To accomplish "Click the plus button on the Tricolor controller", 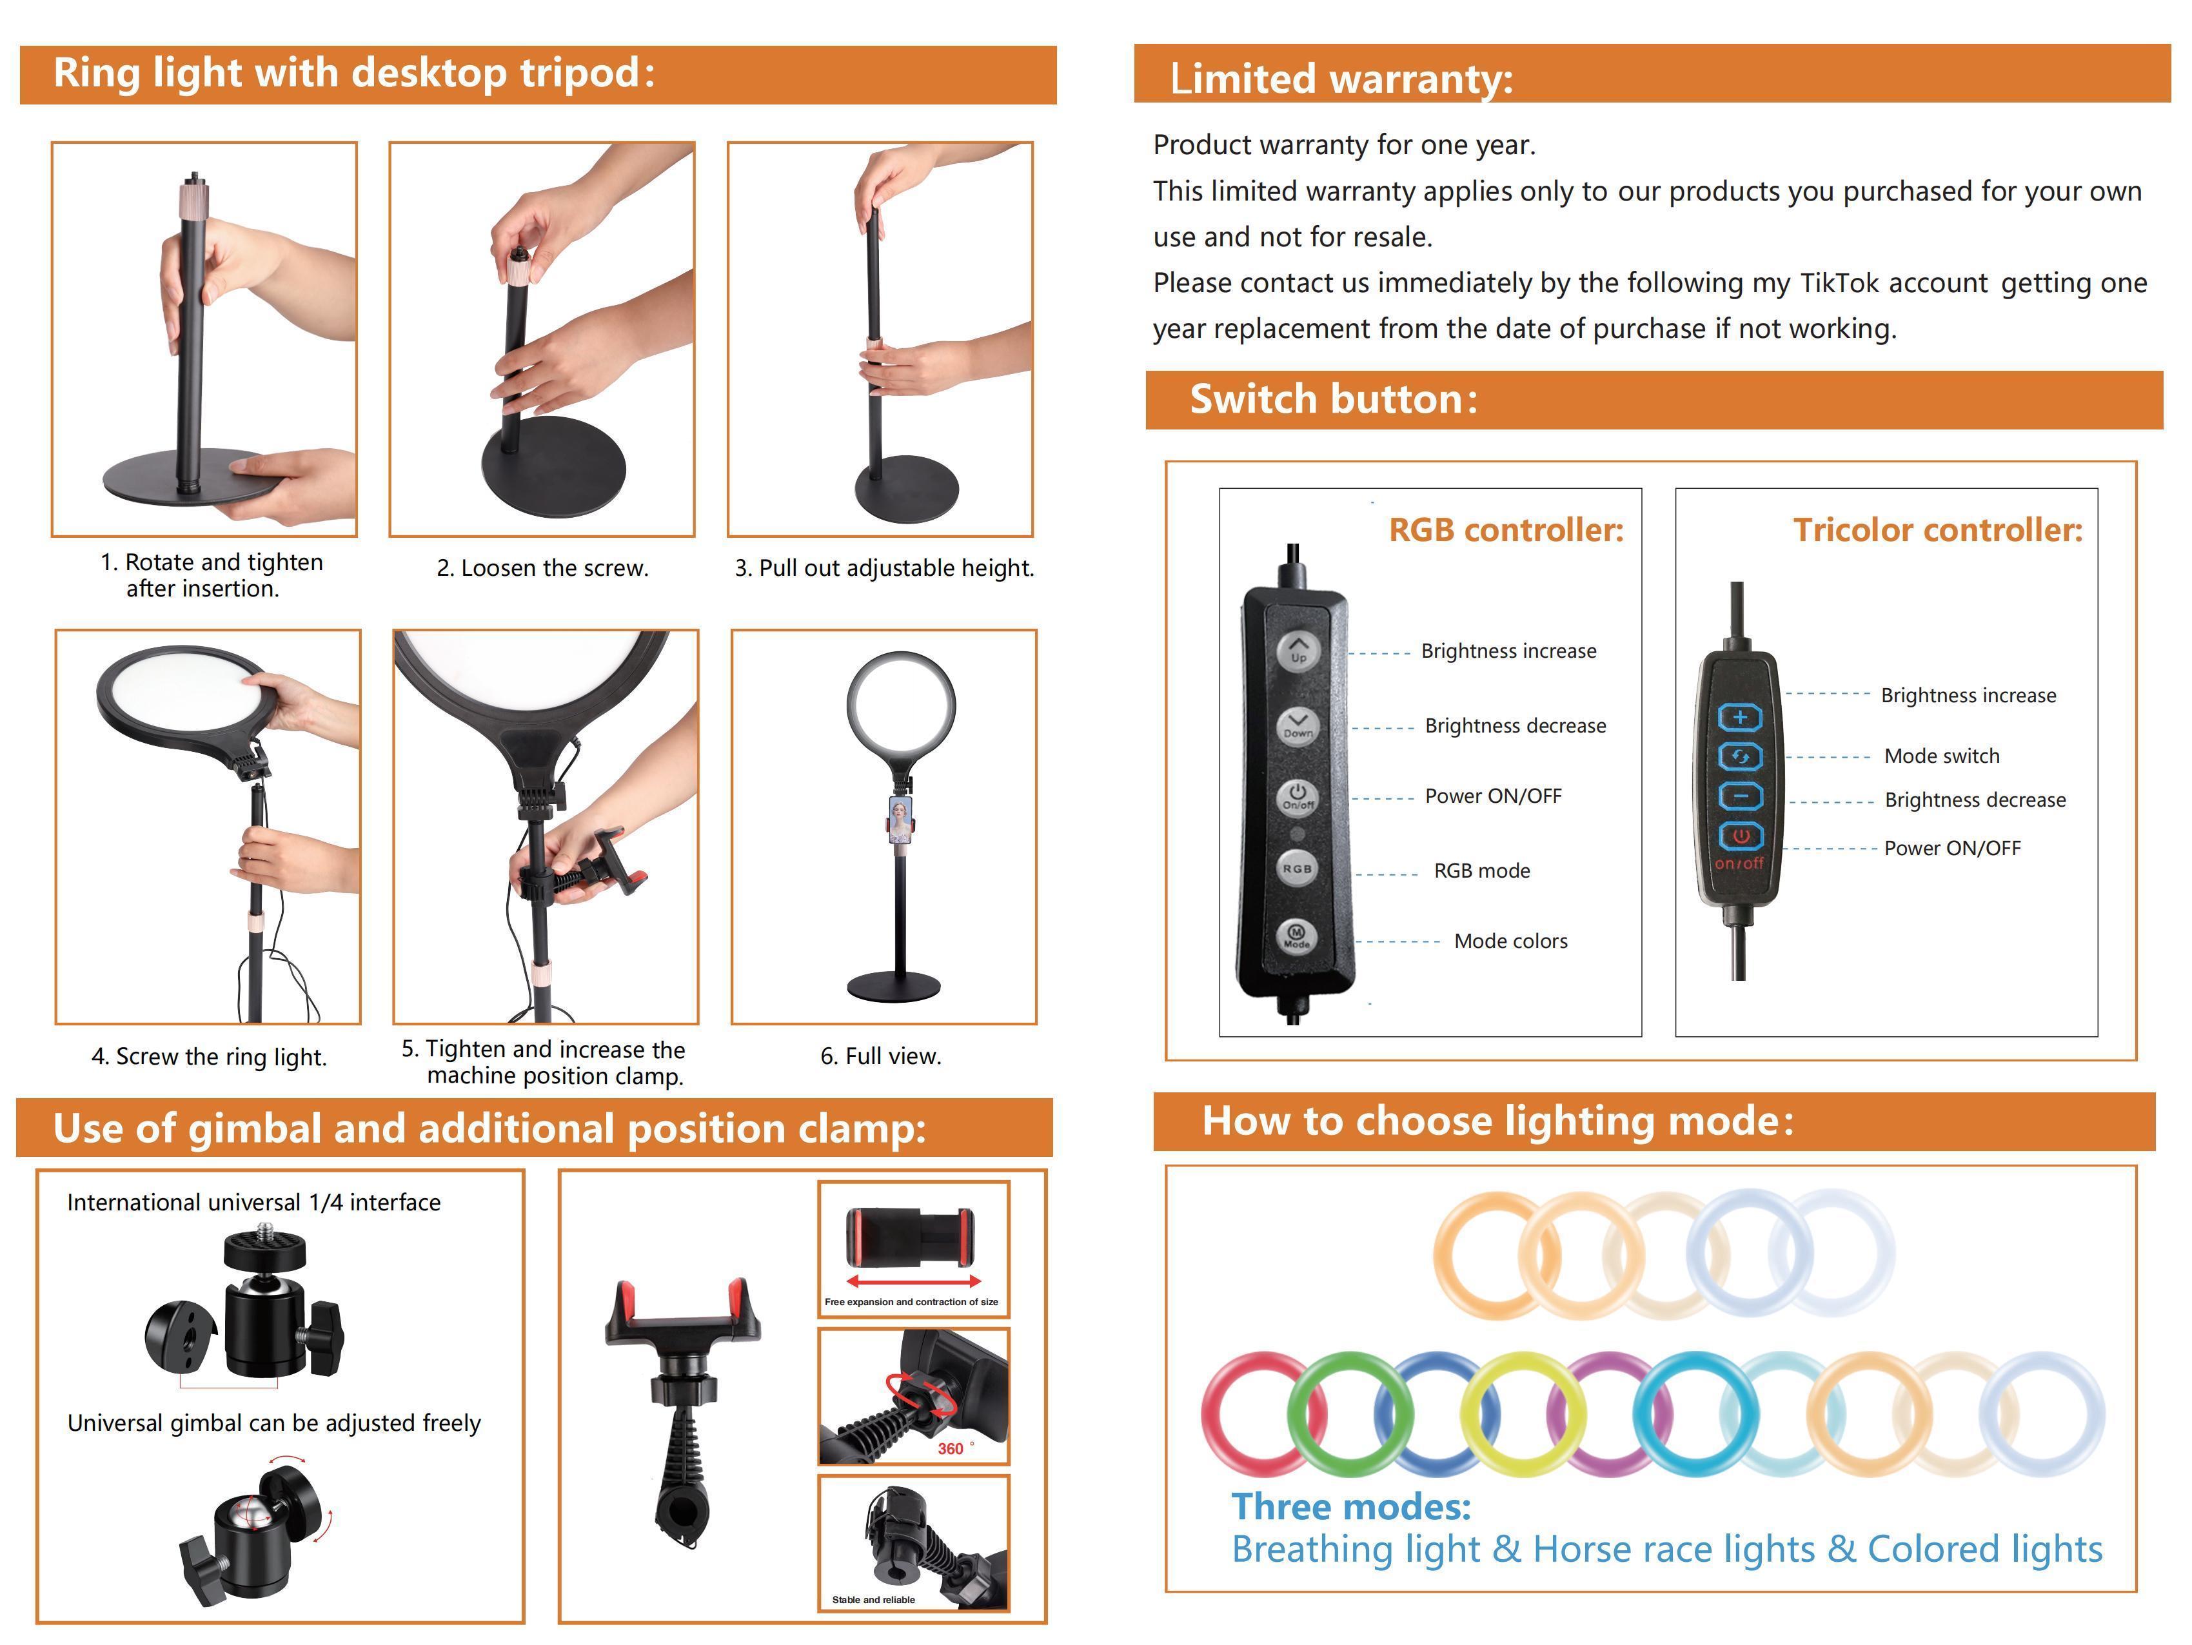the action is point(1739,716).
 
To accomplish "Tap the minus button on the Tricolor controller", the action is point(1740,796).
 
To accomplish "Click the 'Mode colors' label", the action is point(1510,941).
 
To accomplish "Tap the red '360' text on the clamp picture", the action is point(951,1449).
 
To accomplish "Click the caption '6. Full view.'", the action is point(881,1056).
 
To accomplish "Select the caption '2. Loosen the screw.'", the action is point(543,569).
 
